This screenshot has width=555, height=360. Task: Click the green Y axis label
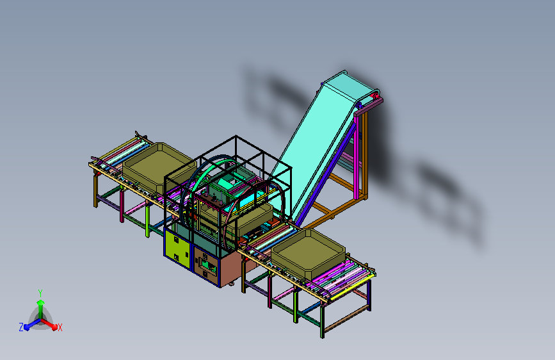(40, 293)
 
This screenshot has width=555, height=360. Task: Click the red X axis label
(60, 327)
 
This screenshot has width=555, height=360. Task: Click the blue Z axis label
(21, 327)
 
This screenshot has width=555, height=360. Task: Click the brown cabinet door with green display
(205, 264)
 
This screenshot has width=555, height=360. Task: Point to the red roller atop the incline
(374, 95)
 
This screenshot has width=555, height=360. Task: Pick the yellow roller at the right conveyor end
(353, 288)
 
